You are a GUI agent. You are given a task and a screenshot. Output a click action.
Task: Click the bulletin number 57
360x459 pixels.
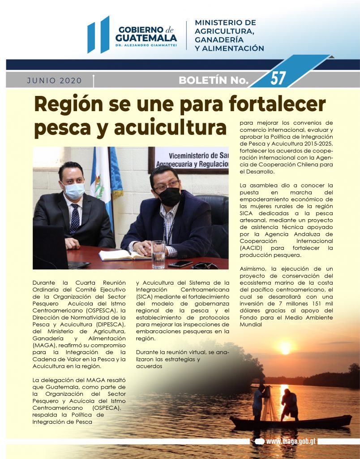278,78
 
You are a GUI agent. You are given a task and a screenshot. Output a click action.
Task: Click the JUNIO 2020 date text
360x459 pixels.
55,81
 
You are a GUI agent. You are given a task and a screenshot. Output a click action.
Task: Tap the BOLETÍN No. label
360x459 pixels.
213,81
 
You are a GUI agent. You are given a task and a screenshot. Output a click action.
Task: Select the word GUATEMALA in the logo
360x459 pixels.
146,38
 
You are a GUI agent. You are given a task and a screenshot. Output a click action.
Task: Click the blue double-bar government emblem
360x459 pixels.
98,35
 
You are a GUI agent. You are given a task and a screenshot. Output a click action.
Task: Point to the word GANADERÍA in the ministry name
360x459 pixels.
218,40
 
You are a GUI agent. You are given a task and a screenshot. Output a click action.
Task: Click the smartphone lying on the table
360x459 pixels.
180,264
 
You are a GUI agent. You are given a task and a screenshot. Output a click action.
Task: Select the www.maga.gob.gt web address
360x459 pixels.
291,441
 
